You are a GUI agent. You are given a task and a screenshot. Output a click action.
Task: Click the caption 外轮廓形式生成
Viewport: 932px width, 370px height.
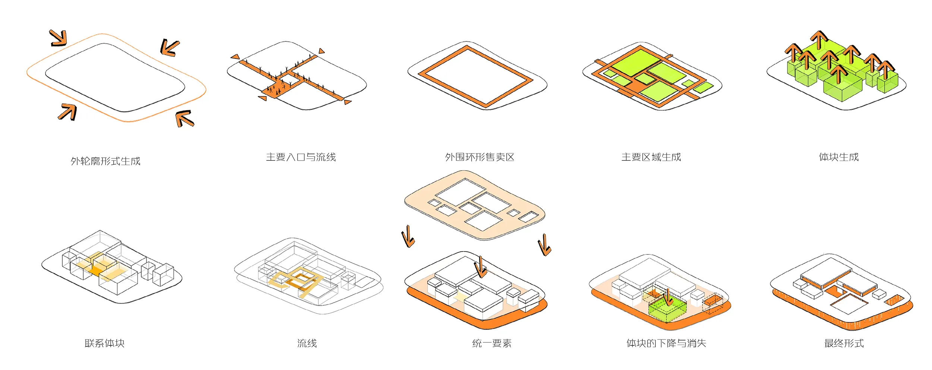click(106, 161)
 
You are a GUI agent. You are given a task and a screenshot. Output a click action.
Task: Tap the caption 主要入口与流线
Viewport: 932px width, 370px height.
click(301, 157)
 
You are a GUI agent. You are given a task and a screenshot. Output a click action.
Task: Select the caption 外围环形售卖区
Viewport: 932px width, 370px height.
click(479, 157)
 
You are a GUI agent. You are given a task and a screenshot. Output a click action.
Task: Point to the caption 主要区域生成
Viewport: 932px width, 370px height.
click(651, 157)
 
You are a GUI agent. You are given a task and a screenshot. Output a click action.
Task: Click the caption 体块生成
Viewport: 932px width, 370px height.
click(838, 157)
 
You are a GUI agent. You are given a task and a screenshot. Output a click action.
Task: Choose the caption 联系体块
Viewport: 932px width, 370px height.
click(104, 343)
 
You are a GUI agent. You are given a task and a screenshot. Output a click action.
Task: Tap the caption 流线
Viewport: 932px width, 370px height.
click(307, 343)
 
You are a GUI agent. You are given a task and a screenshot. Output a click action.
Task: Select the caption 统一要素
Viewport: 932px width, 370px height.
click(492, 343)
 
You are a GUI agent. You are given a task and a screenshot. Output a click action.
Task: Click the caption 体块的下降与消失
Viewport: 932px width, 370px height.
click(666, 343)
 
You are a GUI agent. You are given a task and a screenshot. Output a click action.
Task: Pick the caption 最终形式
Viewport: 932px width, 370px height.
click(844, 343)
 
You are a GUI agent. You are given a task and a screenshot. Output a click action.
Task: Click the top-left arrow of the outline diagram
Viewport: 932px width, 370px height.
click(59, 38)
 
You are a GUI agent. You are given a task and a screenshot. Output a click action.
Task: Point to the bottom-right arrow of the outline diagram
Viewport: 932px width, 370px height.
click(185, 118)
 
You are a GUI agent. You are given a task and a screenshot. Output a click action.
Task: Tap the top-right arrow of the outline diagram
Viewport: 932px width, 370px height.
click(170, 48)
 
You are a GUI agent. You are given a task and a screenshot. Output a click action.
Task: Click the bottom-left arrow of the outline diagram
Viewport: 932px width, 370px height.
click(68, 112)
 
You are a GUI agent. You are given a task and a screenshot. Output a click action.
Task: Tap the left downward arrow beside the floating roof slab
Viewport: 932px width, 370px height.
click(408, 236)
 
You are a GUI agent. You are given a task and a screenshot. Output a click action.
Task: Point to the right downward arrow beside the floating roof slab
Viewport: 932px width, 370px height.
click(545, 245)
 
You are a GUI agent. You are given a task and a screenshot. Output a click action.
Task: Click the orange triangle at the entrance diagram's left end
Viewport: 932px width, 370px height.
click(235, 57)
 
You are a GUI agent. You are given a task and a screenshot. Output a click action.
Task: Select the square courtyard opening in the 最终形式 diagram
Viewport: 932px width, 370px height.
click(849, 305)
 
